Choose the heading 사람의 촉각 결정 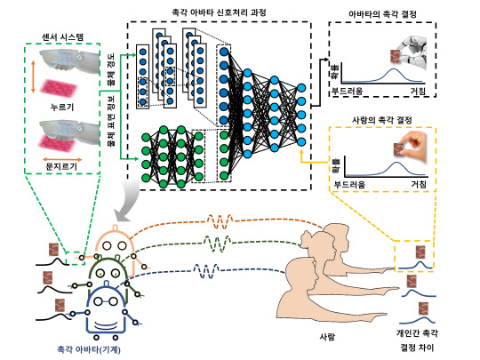tap(388, 121)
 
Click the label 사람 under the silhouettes tap(327, 337)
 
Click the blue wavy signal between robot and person tap(210, 270)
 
